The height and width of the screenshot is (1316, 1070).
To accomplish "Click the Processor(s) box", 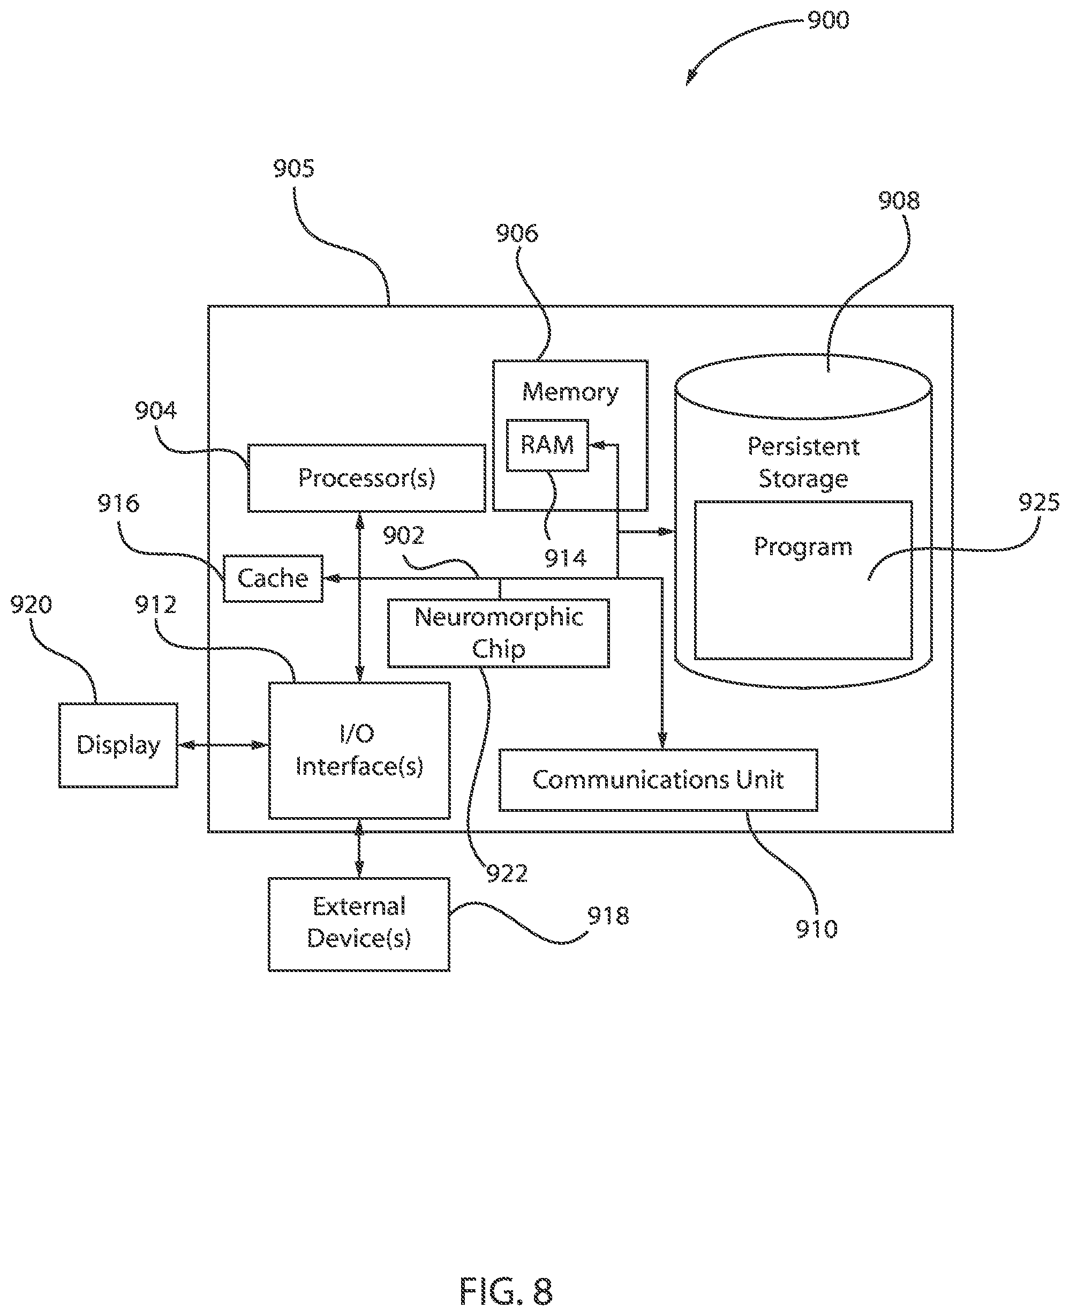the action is pos(366,478).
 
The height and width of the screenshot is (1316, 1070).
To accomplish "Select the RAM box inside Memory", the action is pos(547,445).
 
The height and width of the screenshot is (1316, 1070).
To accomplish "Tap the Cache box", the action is pos(273,579).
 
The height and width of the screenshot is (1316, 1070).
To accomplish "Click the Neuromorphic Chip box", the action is pos(498,633).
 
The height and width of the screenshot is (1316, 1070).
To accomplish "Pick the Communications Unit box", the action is pos(658,780).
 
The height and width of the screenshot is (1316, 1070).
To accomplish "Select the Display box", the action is pos(118,745).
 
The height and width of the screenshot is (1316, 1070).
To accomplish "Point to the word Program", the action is pos(802,547).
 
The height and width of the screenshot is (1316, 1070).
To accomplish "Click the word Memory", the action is pos(570,392).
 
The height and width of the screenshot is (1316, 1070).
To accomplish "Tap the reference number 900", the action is pos(828,20).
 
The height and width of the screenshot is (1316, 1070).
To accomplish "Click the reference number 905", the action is pos(293,168).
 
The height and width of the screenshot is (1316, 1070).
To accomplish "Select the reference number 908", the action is pos(899,200).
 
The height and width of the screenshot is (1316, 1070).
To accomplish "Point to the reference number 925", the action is pos(1038,503).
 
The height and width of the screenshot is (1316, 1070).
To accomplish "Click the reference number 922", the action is pos(507,874).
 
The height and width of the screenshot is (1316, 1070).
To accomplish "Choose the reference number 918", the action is pos(608,916).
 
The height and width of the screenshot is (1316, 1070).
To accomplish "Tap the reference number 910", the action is pos(817,929).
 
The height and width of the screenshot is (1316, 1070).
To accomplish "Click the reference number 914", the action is pos(565,559).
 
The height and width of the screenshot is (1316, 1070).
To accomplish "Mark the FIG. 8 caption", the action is pos(506,1291).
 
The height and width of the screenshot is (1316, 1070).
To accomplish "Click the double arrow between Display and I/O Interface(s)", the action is pos(223,745).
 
